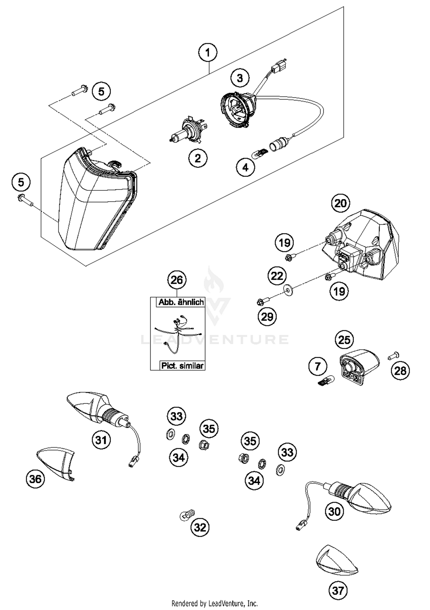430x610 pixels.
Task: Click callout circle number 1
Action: [208, 52]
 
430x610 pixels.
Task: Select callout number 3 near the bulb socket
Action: [240, 78]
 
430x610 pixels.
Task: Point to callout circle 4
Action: [245, 167]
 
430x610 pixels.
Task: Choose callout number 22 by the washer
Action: [277, 276]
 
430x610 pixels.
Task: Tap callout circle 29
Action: [267, 317]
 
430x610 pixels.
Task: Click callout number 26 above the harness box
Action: [177, 280]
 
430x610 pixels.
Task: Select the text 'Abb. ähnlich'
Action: [181, 302]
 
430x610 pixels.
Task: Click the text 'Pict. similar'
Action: [182, 366]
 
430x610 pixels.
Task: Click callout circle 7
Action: [317, 366]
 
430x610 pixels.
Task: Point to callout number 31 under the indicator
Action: [101, 440]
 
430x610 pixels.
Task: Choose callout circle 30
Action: [334, 511]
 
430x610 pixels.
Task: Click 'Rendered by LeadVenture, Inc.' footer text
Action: [214, 603]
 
